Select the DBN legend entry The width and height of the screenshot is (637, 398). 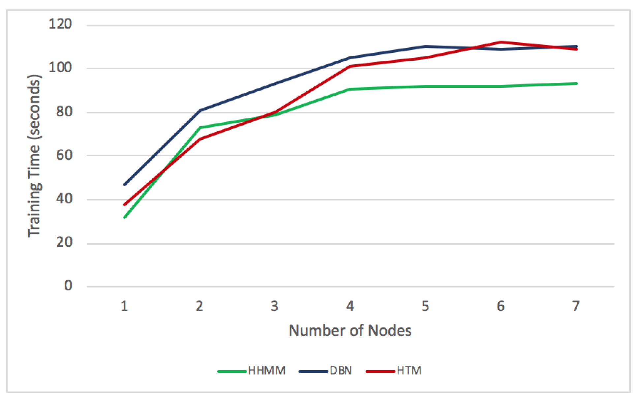coord(326,371)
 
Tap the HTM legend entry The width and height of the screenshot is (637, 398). coord(394,371)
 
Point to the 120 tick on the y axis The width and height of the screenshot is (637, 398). coord(60,24)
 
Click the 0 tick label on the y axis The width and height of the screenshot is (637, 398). coord(68,286)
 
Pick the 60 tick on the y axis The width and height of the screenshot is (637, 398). coord(64,155)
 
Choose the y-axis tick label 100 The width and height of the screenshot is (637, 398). coord(60,68)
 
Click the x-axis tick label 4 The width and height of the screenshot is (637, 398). coord(350,306)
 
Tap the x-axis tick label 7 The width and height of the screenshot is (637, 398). coord(576,306)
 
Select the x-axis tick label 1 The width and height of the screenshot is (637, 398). coord(124,306)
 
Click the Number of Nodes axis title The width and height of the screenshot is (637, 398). coord(350,330)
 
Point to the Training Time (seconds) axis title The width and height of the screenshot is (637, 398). coord(34,156)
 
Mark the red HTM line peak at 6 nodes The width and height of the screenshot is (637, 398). coord(501,42)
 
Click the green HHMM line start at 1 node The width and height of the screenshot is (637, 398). coord(124,218)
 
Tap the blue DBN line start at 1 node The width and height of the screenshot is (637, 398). coord(124,185)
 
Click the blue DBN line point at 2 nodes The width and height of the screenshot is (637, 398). coord(200,110)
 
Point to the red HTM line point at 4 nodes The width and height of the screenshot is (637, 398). coord(350,66)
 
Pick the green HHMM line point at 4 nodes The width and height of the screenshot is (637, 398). coord(350,89)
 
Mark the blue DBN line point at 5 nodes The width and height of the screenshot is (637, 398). coord(426,46)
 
